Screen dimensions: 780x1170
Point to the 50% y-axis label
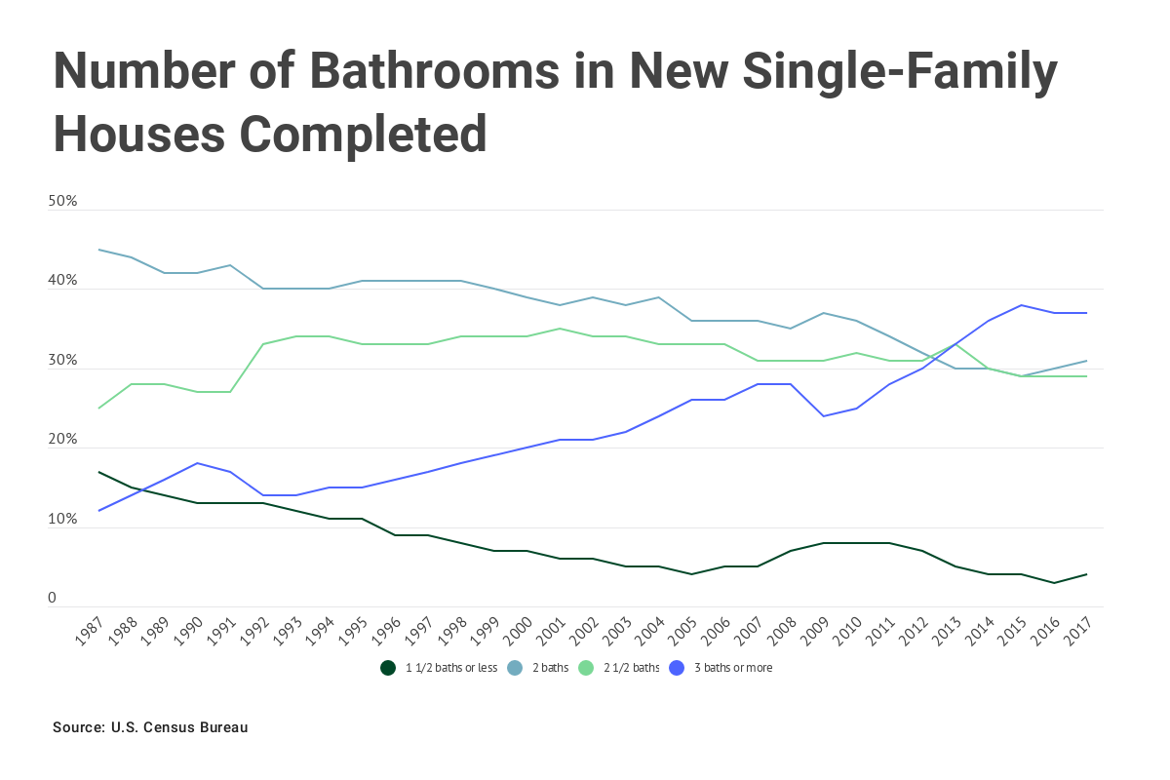click(62, 202)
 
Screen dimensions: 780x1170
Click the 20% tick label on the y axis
click(62, 440)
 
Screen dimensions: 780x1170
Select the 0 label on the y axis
click(53, 599)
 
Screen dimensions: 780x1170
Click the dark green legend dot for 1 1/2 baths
click(388, 668)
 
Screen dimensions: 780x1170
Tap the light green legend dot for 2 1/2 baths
click(586, 668)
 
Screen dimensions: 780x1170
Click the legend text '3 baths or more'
click(732, 668)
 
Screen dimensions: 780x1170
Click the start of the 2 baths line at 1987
click(99, 250)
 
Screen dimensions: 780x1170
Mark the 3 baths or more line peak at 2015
click(1021, 305)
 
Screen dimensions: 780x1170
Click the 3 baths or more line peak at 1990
click(198, 463)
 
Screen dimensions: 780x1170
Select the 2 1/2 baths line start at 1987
click(99, 408)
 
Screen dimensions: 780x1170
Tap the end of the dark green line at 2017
click(1086, 574)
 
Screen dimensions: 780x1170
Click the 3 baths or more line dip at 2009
click(823, 416)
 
